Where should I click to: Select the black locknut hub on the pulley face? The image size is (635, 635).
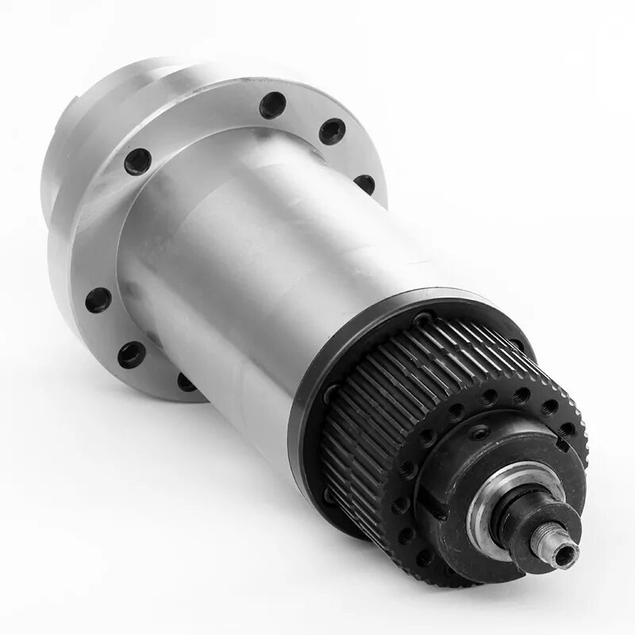[x=476, y=476]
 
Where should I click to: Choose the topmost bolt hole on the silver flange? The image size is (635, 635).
[x=272, y=103]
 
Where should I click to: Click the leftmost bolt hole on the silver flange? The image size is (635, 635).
[x=98, y=299]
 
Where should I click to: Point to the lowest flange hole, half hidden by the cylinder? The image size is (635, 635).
[x=187, y=383]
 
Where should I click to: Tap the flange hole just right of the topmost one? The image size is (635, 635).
[x=332, y=130]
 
